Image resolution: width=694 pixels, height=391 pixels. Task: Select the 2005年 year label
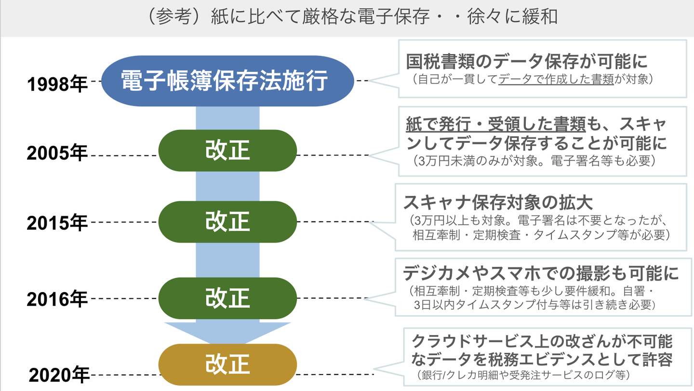coord(57,154)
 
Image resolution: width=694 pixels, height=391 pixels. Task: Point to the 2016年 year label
coord(57,299)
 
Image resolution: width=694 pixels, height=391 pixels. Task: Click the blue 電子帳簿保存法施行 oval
coord(225,81)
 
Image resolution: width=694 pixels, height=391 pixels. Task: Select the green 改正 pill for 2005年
coord(227,150)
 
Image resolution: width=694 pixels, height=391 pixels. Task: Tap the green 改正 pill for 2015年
coord(227,222)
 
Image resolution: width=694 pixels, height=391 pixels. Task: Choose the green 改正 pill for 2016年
coord(227,297)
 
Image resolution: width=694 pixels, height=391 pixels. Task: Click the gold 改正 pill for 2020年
coord(227,364)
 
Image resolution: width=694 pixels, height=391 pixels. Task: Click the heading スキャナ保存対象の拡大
coord(498,201)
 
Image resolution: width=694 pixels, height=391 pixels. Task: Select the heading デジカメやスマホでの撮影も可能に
coord(540,274)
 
